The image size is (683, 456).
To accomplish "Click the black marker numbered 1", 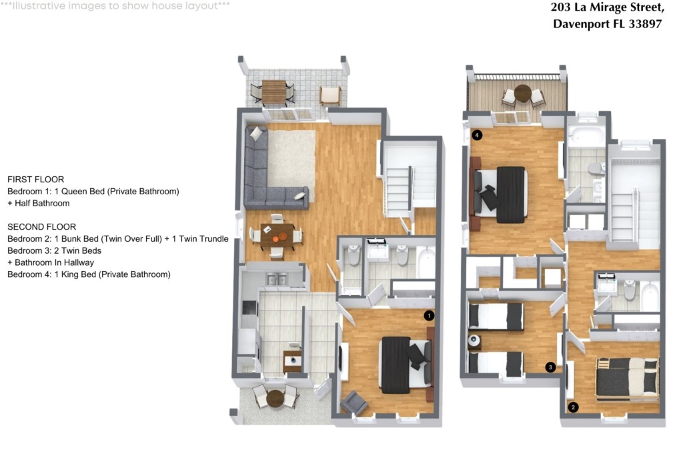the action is (429, 315).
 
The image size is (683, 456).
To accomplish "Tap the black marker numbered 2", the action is (573, 407).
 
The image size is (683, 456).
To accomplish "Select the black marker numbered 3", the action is (550, 367).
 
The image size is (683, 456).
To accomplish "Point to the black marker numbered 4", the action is (477, 135).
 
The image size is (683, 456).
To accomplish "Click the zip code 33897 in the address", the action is (645, 24).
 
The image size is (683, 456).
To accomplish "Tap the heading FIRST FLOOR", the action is (36, 179).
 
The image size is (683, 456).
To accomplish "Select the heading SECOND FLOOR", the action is (42, 227).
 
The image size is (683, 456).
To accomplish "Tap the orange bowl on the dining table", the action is (283, 236).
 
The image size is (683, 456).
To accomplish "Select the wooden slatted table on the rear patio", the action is (273, 91).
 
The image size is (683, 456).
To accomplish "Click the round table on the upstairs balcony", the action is (523, 93).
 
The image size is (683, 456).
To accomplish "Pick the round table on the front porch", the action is (275, 398).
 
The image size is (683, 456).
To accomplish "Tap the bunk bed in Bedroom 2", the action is (627, 379).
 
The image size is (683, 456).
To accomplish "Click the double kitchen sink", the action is (277, 280).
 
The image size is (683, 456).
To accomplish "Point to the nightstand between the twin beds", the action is (474, 340).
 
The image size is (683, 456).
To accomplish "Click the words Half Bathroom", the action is (42, 203).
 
